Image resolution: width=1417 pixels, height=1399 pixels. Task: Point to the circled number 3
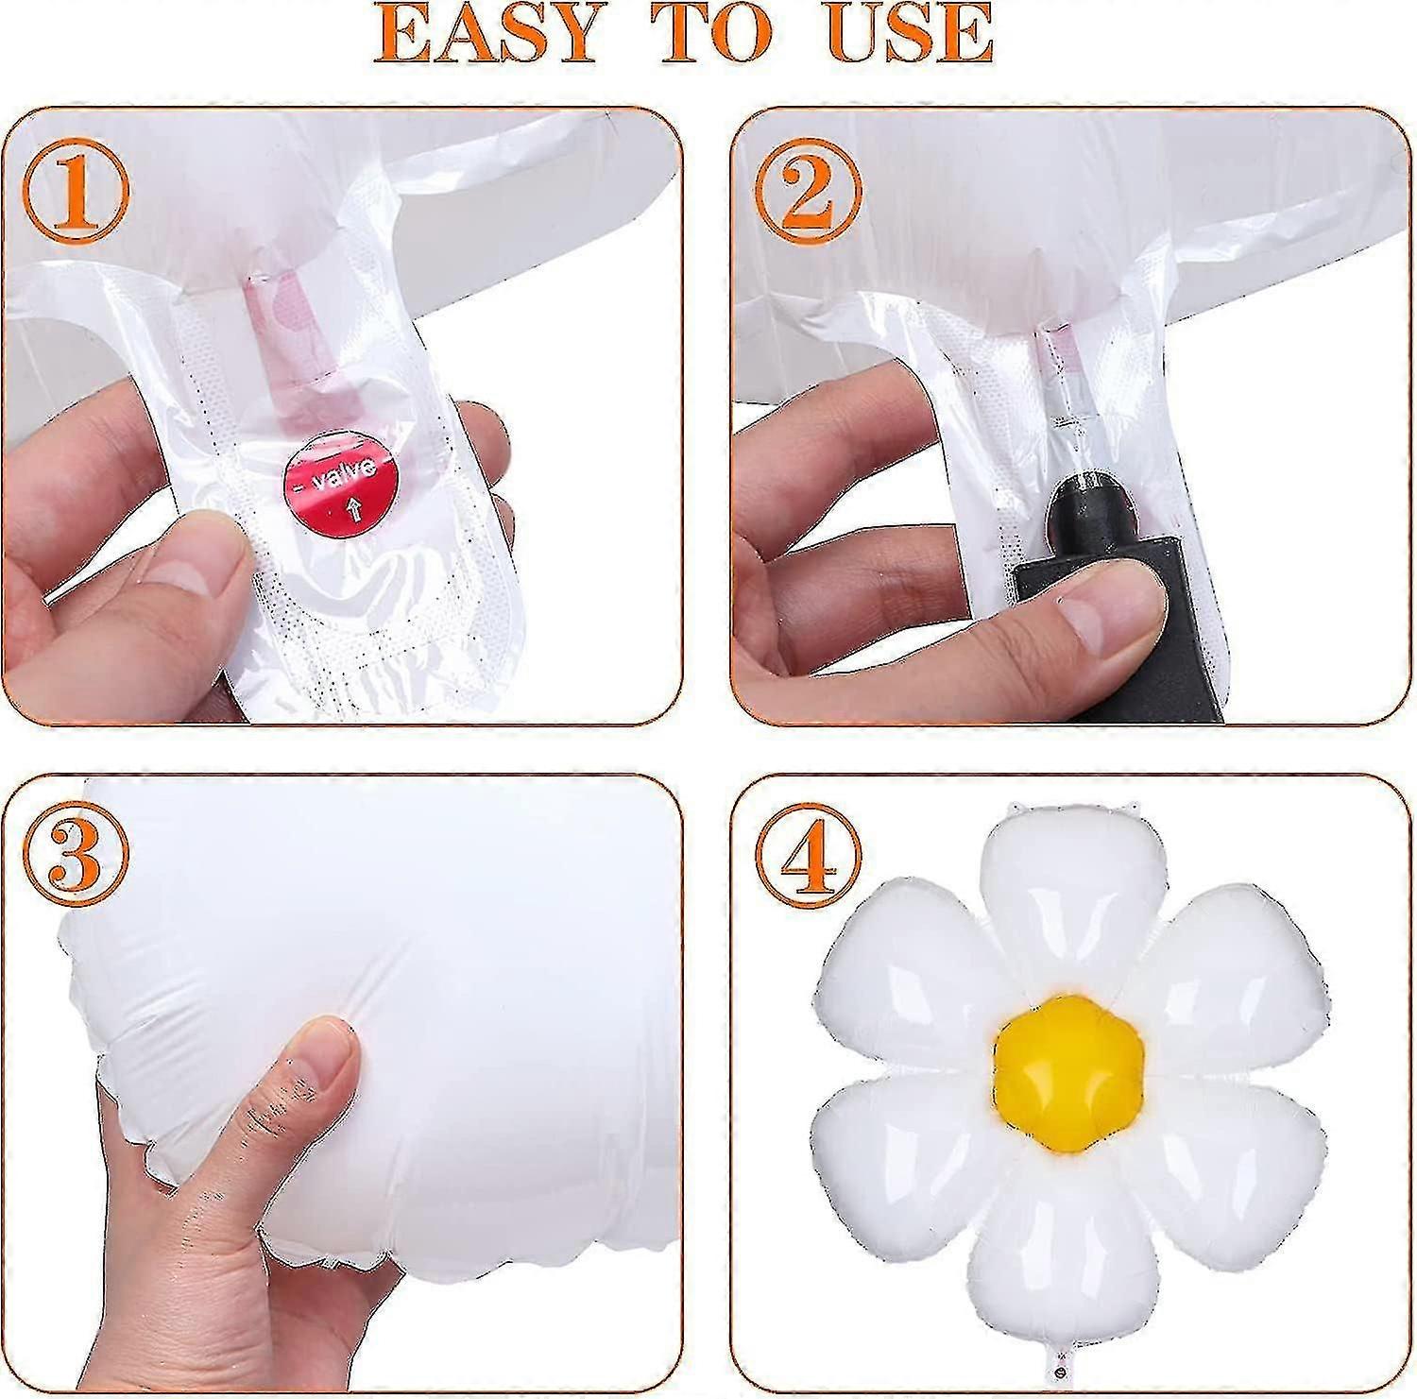point(77,853)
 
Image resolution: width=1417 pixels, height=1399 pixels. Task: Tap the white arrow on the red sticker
point(355,511)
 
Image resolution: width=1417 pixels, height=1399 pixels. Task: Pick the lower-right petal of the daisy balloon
point(1224,1166)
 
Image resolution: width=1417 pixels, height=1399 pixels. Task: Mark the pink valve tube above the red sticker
point(288,340)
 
